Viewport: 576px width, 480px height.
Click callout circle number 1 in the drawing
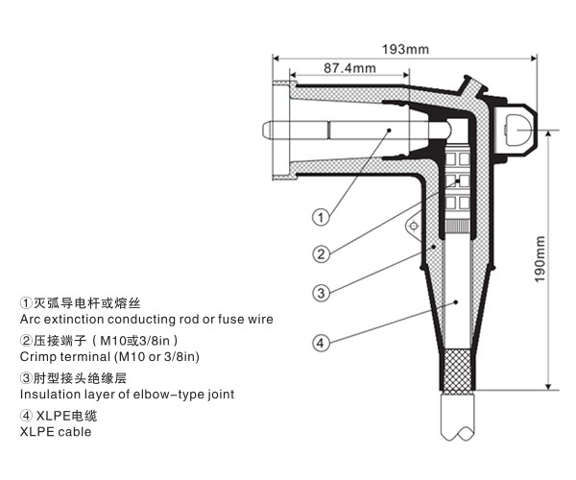pyautogui.click(x=323, y=217)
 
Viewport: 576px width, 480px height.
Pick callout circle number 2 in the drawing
pyautogui.click(x=323, y=254)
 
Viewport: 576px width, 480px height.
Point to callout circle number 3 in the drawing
pyautogui.click(x=323, y=293)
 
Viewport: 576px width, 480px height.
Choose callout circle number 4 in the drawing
pyautogui.click(x=323, y=342)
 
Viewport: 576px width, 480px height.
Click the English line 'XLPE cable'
pyautogui.click(x=56, y=432)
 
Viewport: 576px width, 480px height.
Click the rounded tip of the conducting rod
pyautogui.click(x=265, y=129)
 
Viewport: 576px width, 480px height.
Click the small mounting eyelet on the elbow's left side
pyautogui.click(x=413, y=226)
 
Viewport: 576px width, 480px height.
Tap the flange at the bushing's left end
pyautogui.click(x=281, y=131)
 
